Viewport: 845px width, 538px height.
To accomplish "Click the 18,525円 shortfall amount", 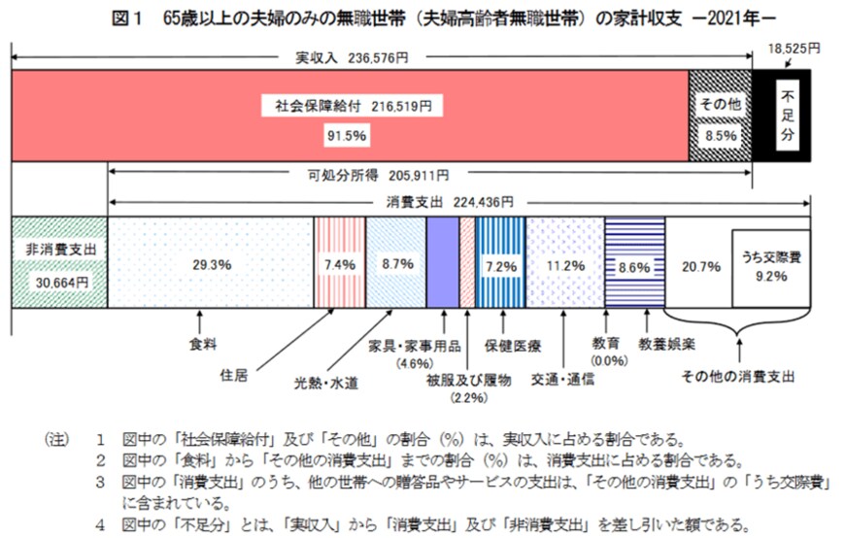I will (x=793, y=47).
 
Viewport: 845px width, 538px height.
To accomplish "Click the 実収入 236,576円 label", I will (x=352, y=57).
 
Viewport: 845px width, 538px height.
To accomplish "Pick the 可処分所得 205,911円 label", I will (x=391, y=176).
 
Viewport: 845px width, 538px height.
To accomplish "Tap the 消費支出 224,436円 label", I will (x=456, y=203).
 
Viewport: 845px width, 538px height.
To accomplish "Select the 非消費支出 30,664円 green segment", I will (x=57, y=262).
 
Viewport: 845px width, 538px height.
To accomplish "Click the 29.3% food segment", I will (x=210, y=262).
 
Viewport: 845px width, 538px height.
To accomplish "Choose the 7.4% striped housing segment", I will (x=339, y=262).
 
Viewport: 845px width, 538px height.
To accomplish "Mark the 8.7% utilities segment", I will (x=396, y=262).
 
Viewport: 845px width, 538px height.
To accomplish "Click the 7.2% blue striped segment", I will (x=500, y=262).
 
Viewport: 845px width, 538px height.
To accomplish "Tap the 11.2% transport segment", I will (x=564, y=262).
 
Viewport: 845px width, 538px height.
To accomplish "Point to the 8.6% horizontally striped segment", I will (x=632, y=262).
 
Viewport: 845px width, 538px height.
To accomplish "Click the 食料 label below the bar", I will (x=201, y=343).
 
